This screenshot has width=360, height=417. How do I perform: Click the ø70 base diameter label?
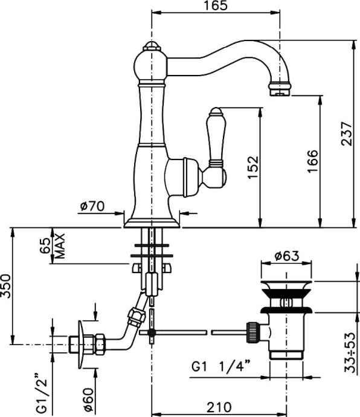tap(92, 207)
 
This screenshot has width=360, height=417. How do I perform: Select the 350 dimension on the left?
tap(5, 286)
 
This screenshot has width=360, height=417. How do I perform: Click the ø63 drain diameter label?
tap(287, 256)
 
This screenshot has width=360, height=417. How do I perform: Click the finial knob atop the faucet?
tap(151, 48)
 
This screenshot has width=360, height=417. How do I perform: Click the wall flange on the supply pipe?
tap(76, 344)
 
